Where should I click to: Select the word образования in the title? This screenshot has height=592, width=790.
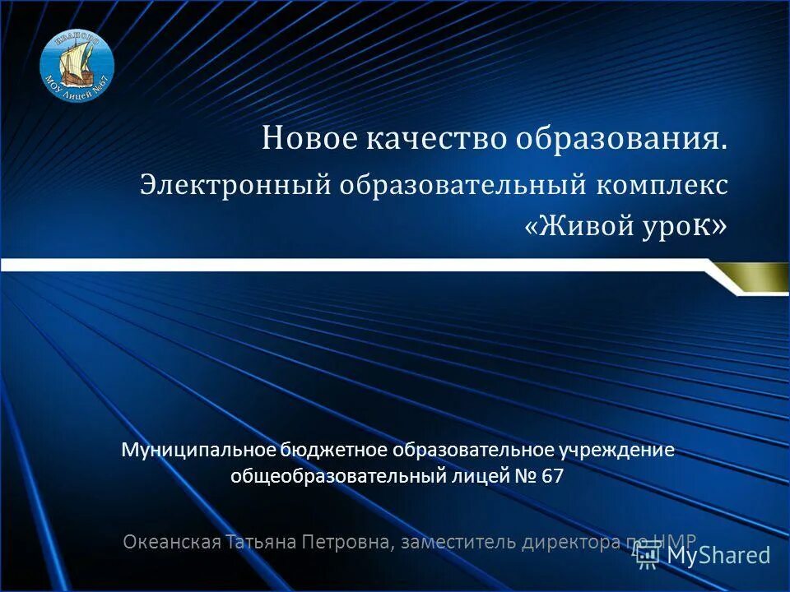click(x=621, y=139)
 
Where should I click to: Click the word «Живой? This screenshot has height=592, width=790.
click(x=579, y=226)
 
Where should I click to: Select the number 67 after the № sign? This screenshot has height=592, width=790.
click(x=553, y=475)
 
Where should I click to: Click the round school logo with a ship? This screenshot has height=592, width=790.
click(x=77, y=65)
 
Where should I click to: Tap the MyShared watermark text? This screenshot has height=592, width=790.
click(x=718, y=555)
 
